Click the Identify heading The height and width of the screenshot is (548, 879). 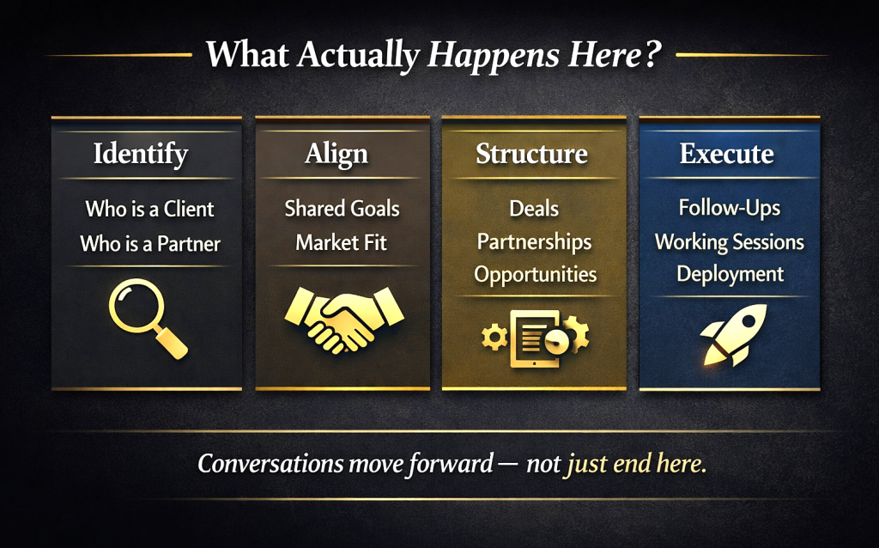click(141, 155)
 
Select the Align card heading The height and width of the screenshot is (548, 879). click(336, 155)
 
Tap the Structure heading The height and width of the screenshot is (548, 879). click(532, 153)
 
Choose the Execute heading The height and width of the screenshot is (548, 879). click(726, 153)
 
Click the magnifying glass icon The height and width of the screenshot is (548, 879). click(148, 319)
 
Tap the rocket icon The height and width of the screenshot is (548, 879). click(733, 334)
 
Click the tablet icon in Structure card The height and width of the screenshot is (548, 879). click(535, 338)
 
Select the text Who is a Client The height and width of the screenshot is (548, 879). click(149, 210)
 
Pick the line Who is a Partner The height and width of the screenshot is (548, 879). click(150, 243)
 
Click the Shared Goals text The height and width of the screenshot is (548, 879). click(342, 209)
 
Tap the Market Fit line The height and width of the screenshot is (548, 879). click(342, 242)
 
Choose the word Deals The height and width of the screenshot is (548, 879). click(534, 209)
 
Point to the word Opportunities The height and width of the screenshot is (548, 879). click(536, 275)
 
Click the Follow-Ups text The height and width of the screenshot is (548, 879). click(730, 208)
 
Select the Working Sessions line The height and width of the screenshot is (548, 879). click(730, 241)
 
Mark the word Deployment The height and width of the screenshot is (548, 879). click(730, 274)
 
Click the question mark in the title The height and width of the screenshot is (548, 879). click(652, 55)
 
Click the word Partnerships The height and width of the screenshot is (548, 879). click(534, 242)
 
